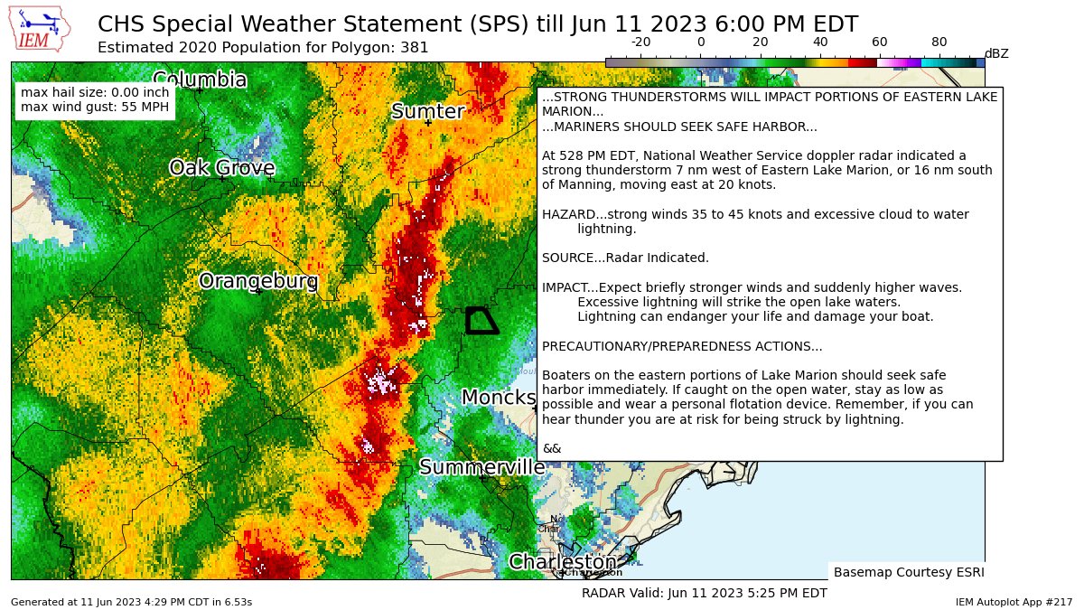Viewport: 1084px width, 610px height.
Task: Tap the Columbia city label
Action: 200,80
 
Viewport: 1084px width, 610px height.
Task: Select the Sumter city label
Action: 427,111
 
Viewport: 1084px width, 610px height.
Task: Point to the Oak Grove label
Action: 222,167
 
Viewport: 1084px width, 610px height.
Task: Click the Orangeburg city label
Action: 258,281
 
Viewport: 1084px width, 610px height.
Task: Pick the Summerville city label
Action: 481,467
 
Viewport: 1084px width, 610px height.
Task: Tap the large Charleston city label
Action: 562,562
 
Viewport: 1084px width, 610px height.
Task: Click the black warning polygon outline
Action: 481,321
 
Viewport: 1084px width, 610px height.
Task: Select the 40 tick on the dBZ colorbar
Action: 819,42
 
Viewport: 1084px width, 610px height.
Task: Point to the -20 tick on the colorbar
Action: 640,42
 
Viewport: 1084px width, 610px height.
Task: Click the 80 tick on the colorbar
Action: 939,42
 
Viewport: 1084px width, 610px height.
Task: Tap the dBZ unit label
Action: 995,53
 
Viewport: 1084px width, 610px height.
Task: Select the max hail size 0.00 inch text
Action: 95,92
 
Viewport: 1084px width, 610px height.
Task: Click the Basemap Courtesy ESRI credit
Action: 908,572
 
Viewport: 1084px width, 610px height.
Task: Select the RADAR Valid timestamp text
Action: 704,593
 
